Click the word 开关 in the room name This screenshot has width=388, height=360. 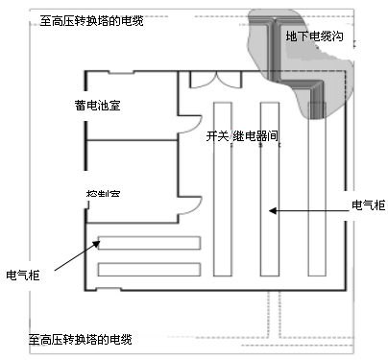pyautogui.click(x=217, y=137)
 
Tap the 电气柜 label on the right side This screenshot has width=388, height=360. pyautogui.click(x=368, y=204)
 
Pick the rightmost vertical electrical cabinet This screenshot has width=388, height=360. pyautogui.click(x=317, y=182)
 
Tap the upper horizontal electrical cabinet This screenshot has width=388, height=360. pyautogui.click(x=149, y=242)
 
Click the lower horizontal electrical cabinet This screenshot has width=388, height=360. pyautogui.click(x=149, y=269)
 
